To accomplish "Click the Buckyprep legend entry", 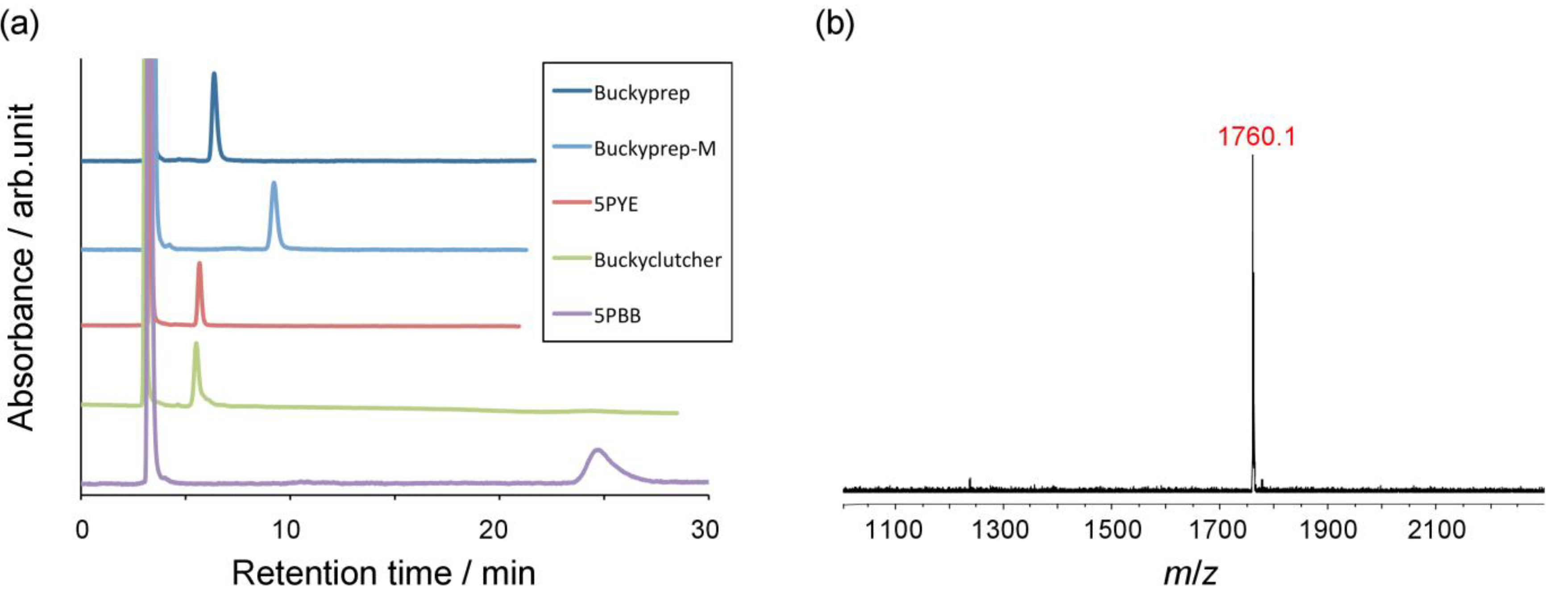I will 641,93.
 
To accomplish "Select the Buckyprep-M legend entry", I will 654,149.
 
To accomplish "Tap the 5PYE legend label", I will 616,205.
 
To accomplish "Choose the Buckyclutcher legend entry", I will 657,260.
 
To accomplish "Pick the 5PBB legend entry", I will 617,315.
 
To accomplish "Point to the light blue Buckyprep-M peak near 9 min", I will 274,184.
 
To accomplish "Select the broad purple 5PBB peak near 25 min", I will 597,451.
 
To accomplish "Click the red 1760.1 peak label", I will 1256,137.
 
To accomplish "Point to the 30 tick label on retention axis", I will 705,529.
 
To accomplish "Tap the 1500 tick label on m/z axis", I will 1112,529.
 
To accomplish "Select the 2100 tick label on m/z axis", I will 1437,529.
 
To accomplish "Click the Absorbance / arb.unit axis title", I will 22,267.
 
